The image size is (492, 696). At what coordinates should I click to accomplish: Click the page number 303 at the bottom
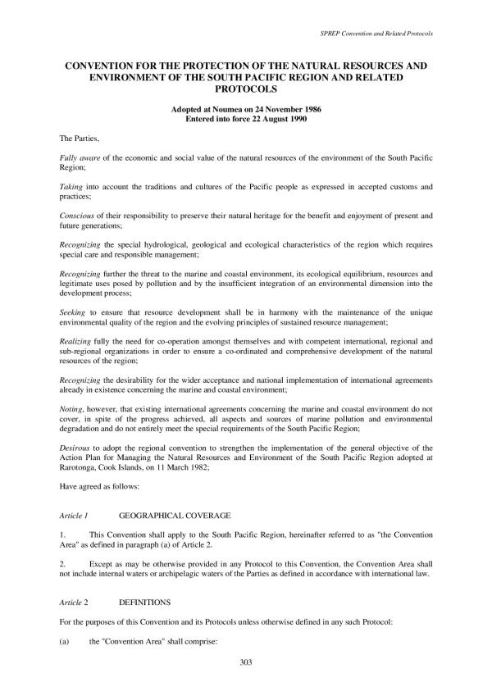pos(246,662)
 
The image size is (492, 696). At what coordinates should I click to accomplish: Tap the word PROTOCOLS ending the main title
pos(246,88)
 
